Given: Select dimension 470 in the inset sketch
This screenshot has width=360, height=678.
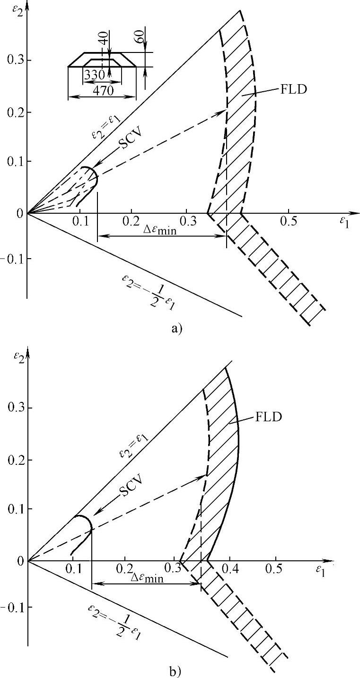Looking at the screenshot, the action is pyautogui.click(x=103, y=90).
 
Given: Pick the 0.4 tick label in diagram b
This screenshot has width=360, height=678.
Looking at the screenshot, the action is pyautogui.click(x=230, y=568).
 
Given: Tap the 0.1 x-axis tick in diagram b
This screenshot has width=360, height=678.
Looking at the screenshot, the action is pyautogui.click(x=74, y=568).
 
